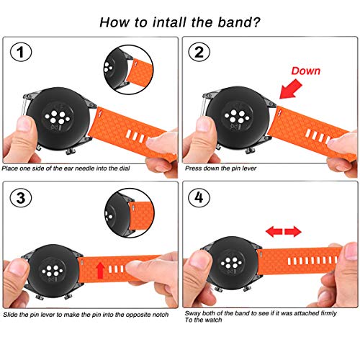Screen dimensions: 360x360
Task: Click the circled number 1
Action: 21,52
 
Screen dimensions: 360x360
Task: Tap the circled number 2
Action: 199,52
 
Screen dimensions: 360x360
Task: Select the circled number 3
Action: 21,198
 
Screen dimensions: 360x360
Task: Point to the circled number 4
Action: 199,198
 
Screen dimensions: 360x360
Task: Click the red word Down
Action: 306,71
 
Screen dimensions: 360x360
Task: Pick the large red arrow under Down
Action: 290,89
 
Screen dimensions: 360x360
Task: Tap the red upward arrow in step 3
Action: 100,270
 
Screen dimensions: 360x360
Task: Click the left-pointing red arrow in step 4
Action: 274,232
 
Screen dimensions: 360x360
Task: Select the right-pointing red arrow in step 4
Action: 293,232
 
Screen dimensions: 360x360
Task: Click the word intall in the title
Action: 169,22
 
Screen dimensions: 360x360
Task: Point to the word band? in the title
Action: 239,22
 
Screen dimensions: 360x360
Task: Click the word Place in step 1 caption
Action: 9,168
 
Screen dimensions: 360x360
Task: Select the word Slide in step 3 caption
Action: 10,315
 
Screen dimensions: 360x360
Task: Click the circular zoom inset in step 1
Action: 128,71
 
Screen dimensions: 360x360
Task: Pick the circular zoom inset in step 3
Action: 130,213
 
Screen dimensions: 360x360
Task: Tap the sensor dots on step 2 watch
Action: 235,117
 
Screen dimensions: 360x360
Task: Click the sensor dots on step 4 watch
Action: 231,263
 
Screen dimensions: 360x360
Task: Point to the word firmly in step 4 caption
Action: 328,313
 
